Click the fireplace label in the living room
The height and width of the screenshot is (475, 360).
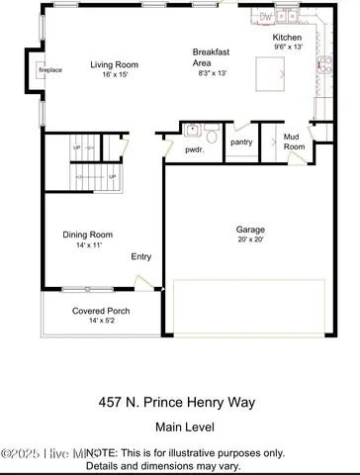click(x=50, y=72)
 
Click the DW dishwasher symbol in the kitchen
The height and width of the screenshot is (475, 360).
click(x=265, y=17)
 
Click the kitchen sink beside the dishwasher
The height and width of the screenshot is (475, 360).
click(x=287, y=18)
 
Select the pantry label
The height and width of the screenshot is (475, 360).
click(x=241, y=142)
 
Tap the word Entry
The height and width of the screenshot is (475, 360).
click(x=141, y=256)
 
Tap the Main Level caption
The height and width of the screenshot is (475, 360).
click(x=179, y=427)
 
